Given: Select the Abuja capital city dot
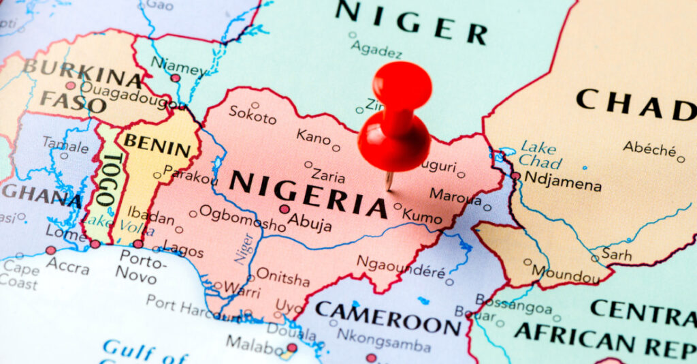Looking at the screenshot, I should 285,209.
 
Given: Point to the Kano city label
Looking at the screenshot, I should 313,136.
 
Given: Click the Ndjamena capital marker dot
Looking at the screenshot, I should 515,176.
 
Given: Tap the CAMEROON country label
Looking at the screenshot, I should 387,318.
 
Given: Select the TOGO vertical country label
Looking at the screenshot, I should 107,179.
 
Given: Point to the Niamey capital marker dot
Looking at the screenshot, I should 175,78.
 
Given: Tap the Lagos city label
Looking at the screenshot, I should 183,250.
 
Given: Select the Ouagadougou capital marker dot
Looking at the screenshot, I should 70,86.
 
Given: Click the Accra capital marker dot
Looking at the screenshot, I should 50,250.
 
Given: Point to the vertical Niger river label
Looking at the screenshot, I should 244,248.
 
